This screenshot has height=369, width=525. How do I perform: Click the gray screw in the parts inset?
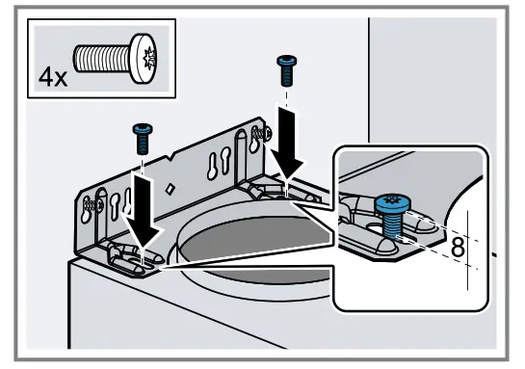tap(113, 59)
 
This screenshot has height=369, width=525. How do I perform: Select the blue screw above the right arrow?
tap(284, 69)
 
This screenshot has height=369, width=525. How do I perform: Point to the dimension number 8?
tap(458, 245)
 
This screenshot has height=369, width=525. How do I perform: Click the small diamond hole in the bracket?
tap(171, 187)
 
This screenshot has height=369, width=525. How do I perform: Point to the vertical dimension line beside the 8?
tap(470, 252)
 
